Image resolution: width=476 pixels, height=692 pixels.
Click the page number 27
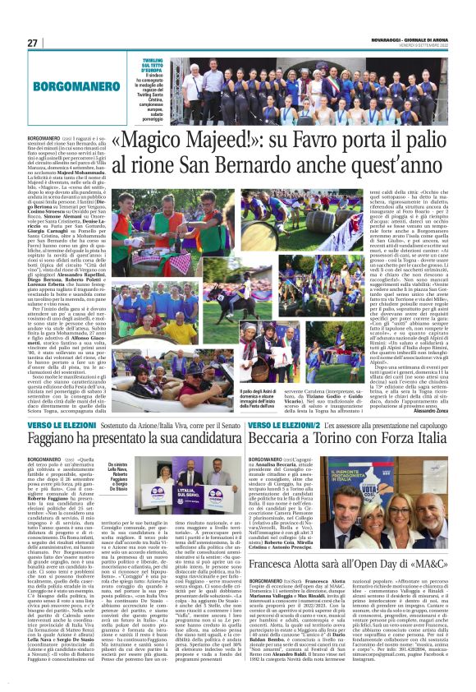(33, 43)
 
